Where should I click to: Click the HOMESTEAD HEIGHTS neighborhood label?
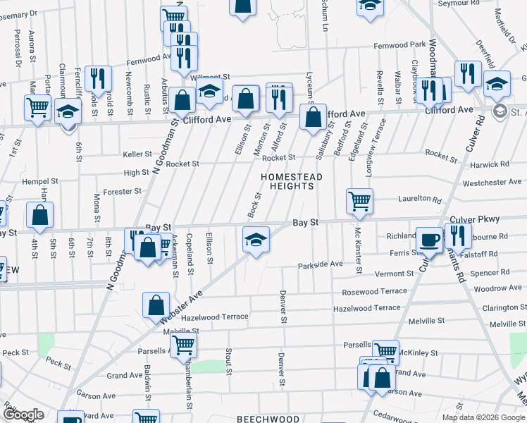(x=292, y=181)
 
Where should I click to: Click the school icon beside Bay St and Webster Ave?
(x=256, y=239)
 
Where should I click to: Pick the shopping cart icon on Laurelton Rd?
(x=359, y=202)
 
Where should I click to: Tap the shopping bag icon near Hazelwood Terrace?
(x=156, y=305)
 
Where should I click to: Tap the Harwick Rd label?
(x=490, y=164)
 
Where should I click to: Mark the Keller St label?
(x=137, y=154)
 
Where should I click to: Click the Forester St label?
(x=123, y=191)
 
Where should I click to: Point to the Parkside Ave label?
(x=320, y=264)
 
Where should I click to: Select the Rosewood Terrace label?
(x=374, y=291)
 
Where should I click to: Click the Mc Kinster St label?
(x=358, y=251)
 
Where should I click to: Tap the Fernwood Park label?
(x=399, y=44)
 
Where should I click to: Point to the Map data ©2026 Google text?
(x=483, y=417)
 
